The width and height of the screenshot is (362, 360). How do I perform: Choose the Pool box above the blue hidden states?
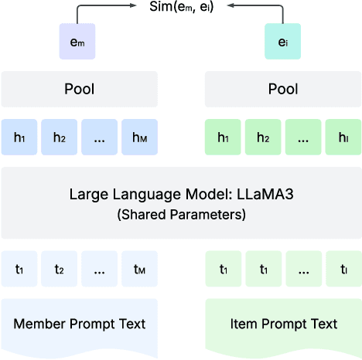[x=79, y=89]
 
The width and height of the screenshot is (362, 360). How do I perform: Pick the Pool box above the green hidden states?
[x=282, y=89]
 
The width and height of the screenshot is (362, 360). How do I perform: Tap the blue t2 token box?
[x=60, y=270]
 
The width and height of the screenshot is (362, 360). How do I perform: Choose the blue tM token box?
[x=139, y=270]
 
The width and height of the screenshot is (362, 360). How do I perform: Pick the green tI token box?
[x=343, y=270]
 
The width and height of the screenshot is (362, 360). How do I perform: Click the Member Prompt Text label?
[x=79, y=324]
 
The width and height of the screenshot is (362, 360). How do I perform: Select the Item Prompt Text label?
[x=282, y=324]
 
